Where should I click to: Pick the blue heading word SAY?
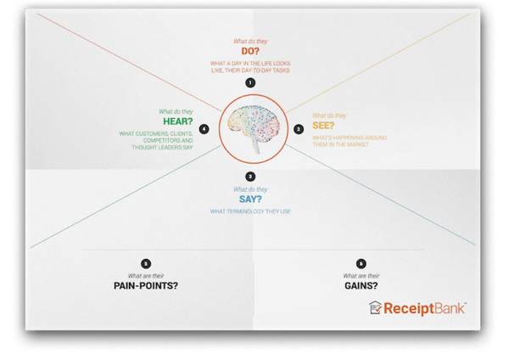(x=250, y=199)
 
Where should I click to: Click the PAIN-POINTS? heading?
(x=146, y=285)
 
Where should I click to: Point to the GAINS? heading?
(x=361, y=285)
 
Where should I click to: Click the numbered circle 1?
(x=250, y=83)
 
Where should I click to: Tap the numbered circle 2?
(x=299, y=129)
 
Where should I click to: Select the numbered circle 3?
(x=250, y=177)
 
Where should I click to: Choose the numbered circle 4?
(x=204, y=129)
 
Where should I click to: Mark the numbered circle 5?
(x=146, y=264)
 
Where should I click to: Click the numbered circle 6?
(x=361, y=264)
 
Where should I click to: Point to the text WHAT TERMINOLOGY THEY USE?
(x=250, y=211)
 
